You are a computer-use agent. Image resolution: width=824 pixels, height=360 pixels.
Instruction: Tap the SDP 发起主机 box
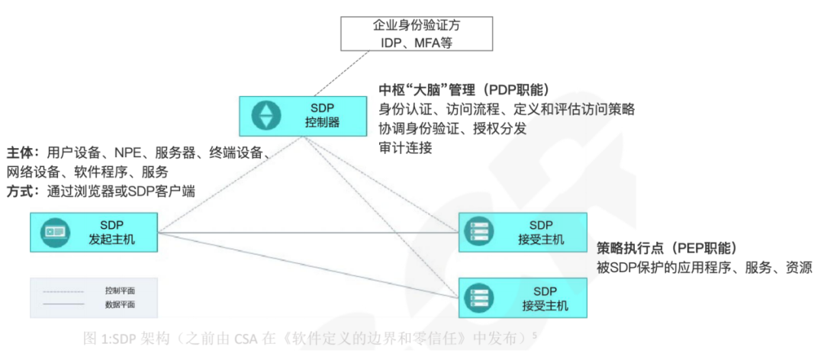[93, 233]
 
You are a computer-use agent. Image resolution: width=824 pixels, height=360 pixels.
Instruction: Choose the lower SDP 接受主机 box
[523, 298]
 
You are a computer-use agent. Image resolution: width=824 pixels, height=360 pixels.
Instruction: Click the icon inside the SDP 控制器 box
[266, 116]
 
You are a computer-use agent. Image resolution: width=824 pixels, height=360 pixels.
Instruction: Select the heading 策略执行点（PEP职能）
[667, 248]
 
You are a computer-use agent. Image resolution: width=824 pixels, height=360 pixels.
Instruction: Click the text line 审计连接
[405, 148]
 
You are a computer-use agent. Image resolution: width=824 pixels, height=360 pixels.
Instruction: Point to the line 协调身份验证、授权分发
[452, 129]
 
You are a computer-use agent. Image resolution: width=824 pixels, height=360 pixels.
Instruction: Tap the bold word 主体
[19, 152]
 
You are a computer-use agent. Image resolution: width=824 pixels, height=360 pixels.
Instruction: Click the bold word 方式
[19, 191]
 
